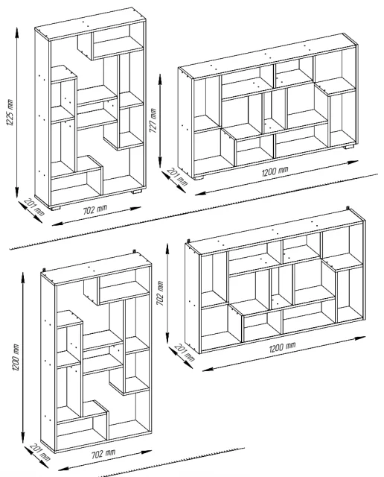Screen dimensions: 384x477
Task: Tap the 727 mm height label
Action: point(153,121)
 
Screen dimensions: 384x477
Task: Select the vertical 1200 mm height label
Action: point(15,357)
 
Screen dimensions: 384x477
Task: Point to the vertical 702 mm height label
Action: point(160,293)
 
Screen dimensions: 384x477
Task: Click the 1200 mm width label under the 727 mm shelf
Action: point(275,171)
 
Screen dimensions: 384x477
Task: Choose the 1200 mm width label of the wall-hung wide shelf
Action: point(282,347)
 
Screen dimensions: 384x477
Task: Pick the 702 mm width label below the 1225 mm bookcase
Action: point(95,209)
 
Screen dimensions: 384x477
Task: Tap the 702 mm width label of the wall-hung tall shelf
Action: point(103,454)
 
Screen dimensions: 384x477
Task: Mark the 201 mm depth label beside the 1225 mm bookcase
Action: point(34,206)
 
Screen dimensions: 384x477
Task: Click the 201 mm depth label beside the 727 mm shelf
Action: point(178,177)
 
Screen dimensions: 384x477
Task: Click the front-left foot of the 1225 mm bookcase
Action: point(55,208)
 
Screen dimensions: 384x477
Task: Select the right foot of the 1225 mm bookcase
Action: point(137,192)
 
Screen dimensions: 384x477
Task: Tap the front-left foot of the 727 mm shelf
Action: point(199,177)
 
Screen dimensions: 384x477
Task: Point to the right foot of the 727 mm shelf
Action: point(349,147)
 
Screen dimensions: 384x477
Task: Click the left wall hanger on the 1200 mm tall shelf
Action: point(45,270)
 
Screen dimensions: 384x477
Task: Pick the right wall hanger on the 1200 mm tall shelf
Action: point(134,252)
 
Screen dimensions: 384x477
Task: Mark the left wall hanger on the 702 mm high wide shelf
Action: point(189,241)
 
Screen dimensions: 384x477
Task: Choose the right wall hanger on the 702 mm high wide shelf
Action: point(348,208)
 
